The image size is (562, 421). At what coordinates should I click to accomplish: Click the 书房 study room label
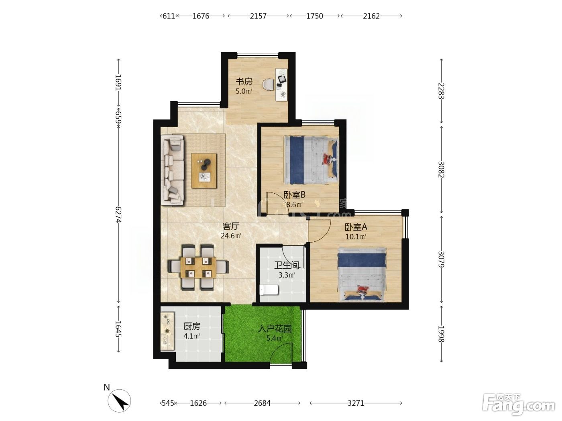pos(244,82)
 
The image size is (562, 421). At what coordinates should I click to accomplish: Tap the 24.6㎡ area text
pos(231,236)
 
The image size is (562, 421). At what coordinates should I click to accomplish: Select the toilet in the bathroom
pos(269,290)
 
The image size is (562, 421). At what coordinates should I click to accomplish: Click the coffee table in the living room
pos(204,171)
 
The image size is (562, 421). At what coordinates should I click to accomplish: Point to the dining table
pos(198,267)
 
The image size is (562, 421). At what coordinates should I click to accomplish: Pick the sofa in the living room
pos(172,170)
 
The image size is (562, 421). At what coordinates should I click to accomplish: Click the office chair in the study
pos(268,84)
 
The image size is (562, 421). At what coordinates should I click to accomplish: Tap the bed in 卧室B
pos(311,160)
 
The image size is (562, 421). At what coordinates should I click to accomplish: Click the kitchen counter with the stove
pos(167,331)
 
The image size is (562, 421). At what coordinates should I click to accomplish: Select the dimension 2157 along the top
pos(258,16)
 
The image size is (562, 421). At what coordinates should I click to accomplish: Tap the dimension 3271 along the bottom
pos(356,403)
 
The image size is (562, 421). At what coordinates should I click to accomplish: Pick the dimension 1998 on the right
pos(442,334)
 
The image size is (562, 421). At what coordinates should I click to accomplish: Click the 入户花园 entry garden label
pos(275,329)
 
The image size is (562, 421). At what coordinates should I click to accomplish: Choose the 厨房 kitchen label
pos(192,326)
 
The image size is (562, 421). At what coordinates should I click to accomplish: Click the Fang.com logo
pos(519,404)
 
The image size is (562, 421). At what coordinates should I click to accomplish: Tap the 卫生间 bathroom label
pos(287,265)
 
